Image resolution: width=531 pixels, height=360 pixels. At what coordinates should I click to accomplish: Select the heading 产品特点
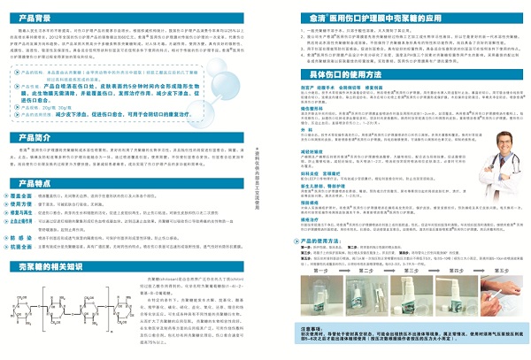pyautogui.click(x=35, y=208)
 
